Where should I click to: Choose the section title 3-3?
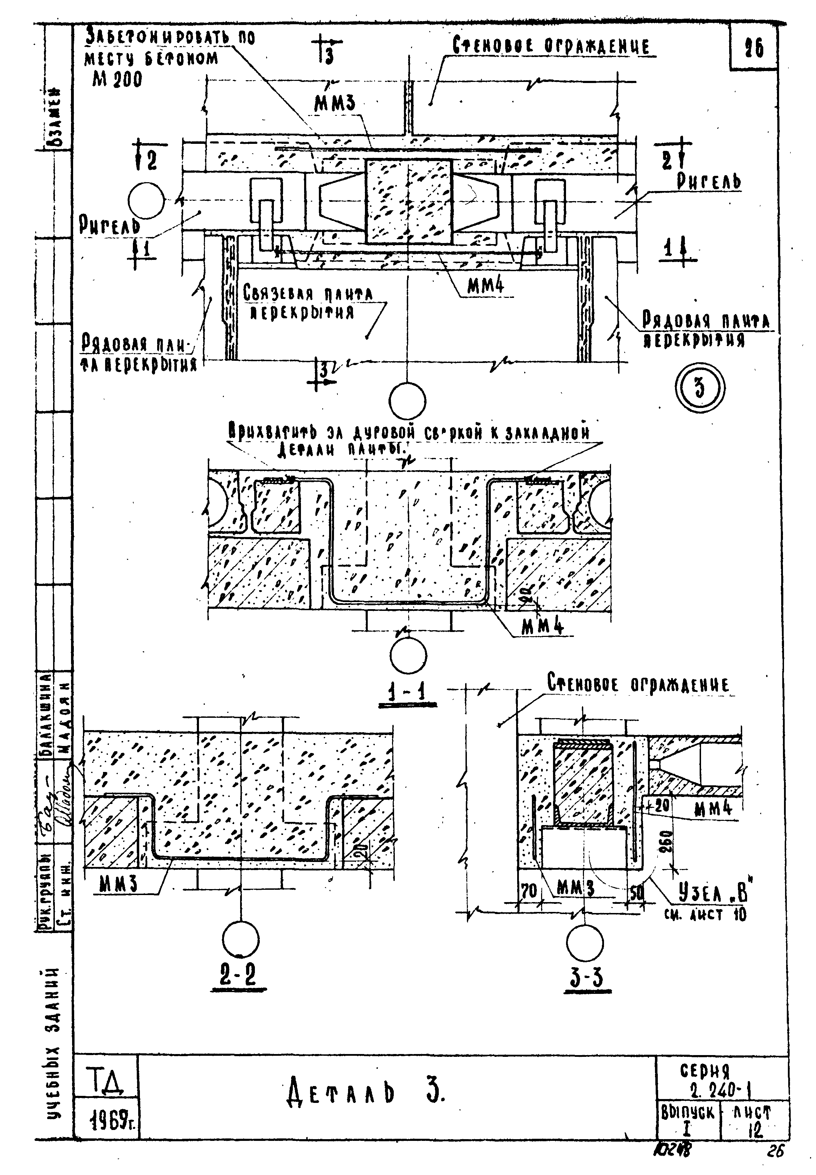586,978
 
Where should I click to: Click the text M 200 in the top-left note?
117,79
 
